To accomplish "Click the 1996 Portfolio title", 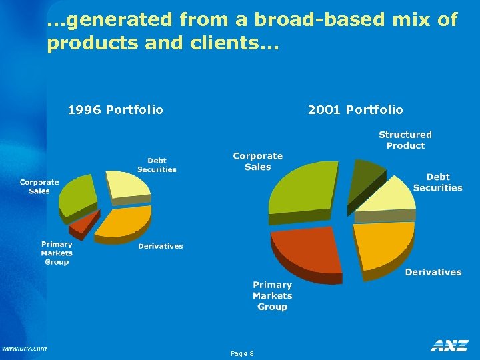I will coord(115,109).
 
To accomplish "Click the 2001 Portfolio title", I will coord(355,109).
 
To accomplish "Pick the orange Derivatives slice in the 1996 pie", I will coord(125,221).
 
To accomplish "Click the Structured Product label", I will coord(405,140).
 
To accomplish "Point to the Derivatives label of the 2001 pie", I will coord(433,272).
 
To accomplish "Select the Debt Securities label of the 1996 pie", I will coord(157,165).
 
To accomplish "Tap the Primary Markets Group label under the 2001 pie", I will coord(272,295).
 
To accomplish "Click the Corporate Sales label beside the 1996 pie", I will coord(39,187).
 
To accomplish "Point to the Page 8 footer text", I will coord(241,353).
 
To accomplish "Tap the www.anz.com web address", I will coord(24,348).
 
